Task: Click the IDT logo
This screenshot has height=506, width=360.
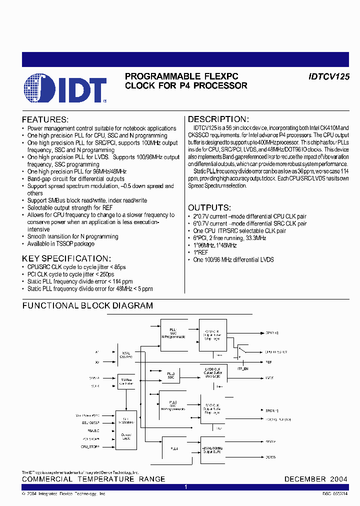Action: [65, 89]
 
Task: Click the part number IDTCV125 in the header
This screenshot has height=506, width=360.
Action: [328, 76]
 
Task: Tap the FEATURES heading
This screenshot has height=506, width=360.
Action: [44, 120]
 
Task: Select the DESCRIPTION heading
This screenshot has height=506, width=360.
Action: [217, 119]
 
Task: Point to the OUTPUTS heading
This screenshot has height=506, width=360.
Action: [209, 207]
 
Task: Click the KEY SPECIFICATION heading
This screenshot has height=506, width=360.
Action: [66, 258]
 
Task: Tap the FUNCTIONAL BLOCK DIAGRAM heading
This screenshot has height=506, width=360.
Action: [87, 305]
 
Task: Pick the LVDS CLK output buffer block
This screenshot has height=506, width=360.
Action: [212, 374]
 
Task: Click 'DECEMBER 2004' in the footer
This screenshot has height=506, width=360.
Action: [315, 479]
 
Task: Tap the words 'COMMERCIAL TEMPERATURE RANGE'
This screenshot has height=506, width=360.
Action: [93, 479]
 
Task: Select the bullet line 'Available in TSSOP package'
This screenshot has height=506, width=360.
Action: [60, 244]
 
